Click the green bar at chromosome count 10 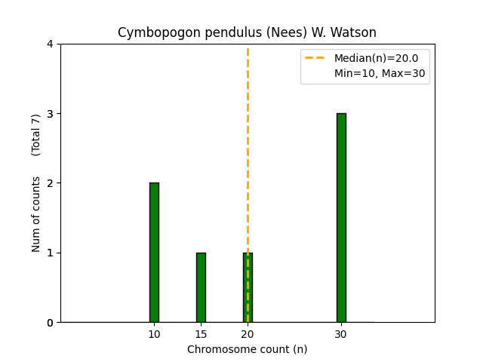point(154,252)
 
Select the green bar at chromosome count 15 point(201,287)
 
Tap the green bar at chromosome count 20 point(248,287)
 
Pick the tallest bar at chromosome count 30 point(341,217)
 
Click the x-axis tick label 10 point(154,334)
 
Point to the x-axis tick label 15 point(201,334)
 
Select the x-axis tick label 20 point(248,334)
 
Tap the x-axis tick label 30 point(341,334)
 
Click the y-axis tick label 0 point(51,323)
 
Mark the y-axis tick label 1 point(51,253)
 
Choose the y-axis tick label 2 point(51,183)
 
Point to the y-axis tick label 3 point(51,114)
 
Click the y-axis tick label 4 point(51,44)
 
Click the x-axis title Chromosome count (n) point(248,349)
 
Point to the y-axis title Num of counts point(36,214)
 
